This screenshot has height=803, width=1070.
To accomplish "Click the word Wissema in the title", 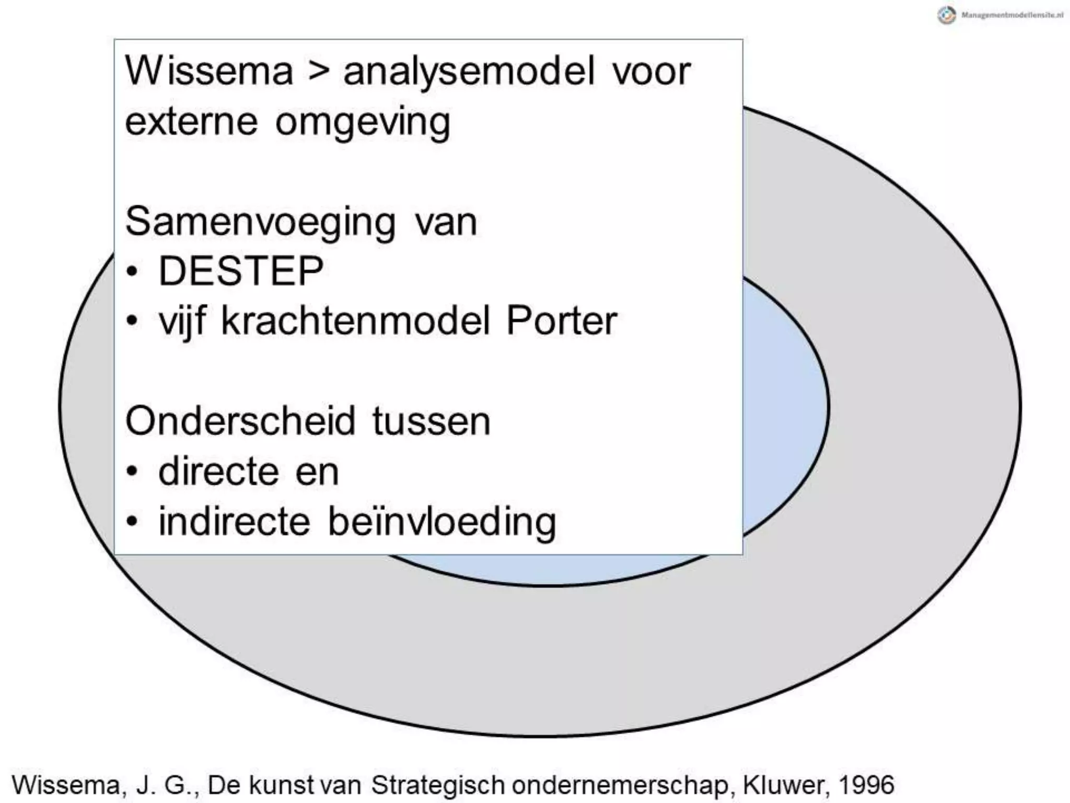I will pyautogui.click(x=209, y=71).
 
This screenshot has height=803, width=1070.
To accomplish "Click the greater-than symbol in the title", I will pyautogui.click(x=319, y=72).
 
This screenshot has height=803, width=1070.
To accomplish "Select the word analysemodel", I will pyautogui.click(x=469, y=72).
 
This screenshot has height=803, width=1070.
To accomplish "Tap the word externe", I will pyautogui.click(x=191, y=122).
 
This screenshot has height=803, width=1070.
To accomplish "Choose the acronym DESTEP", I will pyautogui.click(x=241, y=271).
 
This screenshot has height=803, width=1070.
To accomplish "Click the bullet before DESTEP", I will pyautogui.click(x=133, y=272).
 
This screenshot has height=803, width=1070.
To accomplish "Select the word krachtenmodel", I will pyautogui.click(x=355, y=320).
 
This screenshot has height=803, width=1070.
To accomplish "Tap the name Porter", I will pyautogui.click(x=562, y=320).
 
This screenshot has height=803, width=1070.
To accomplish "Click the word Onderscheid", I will pyautogui.click(x=240, y=421).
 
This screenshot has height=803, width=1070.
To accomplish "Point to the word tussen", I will pyautogui.click(x=431, y=421).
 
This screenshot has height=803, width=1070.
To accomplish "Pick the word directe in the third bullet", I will pyautogui.click(x=218, y=472).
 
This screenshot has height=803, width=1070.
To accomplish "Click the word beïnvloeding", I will pyautogui.click(x=442, y=522).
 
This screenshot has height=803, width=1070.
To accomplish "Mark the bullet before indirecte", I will pyautogui.click(x=133, y=521).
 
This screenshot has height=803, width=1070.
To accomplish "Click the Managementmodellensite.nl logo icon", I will pyautogui.click(x=947, y=15).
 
